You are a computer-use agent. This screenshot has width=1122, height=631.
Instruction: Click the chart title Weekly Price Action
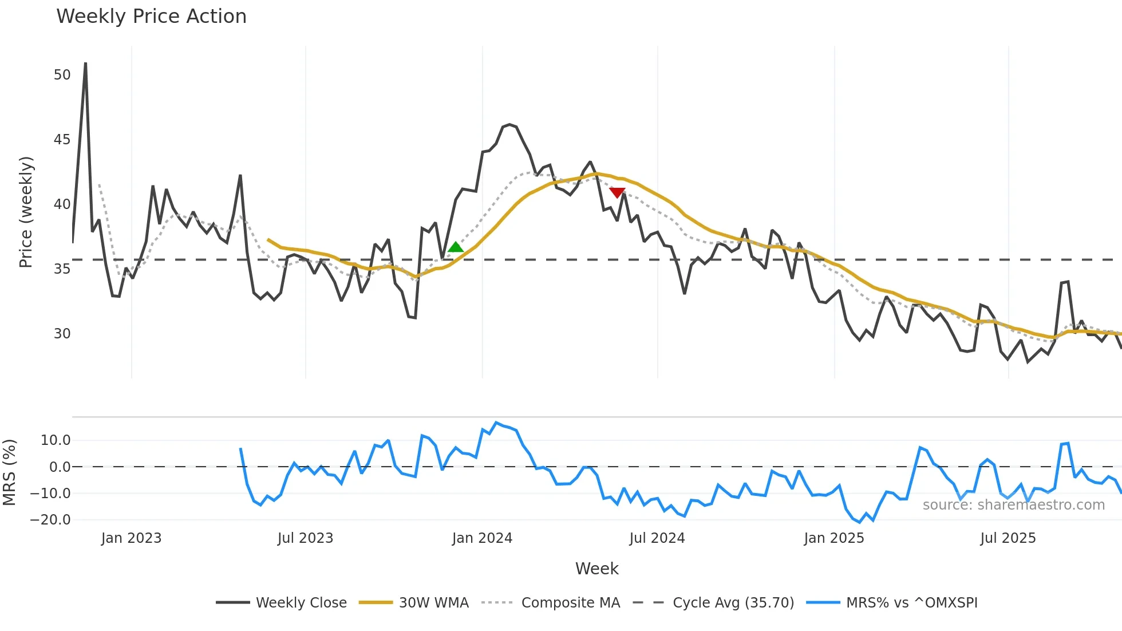pos(151,17)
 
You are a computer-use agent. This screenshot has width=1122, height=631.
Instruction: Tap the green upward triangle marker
pos(455,247)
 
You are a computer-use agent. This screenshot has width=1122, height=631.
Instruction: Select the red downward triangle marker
pos(617,192)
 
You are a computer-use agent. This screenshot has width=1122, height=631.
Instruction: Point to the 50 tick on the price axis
pos(62,75)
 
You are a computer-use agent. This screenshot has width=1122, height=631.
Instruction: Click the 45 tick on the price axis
pos(62,140)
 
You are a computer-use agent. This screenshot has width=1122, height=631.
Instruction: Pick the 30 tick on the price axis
pos(62,334)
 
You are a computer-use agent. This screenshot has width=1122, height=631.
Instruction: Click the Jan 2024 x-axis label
pos(482,538)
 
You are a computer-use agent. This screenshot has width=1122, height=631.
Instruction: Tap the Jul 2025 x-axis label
pos(1008,538)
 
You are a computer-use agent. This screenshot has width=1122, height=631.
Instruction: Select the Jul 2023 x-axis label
pos(305,538)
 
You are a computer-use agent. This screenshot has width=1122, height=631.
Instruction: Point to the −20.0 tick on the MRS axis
pos(50,520)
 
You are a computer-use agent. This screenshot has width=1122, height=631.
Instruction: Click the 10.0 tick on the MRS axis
pos(56,440)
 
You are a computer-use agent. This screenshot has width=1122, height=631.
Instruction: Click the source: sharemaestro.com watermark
pos(1013,505)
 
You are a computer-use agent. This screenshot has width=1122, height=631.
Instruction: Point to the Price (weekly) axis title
pos(26,212)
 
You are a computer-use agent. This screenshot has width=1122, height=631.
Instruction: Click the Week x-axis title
pos(596,569)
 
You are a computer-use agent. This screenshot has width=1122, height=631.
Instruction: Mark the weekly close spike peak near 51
pos(85,64)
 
